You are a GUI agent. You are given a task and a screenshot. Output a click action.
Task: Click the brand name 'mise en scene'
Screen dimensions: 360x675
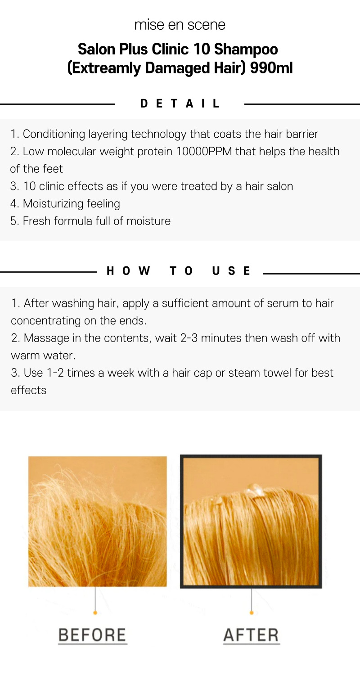(180, 25)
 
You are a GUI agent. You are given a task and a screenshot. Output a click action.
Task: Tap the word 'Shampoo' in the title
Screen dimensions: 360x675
(246, 49)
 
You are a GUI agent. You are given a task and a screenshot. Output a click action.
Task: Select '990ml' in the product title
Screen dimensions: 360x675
(271, 68)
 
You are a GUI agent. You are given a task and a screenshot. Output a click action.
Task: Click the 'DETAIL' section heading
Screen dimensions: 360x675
(180, 103)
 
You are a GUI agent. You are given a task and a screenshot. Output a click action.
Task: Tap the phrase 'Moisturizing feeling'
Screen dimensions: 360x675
(72, 204)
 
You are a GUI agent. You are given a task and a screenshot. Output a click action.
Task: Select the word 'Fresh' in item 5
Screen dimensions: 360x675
(36, 221)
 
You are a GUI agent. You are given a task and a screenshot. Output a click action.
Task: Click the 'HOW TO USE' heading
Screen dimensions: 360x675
(179, 271)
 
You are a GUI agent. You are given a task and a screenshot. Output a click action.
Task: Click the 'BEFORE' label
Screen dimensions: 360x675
(93, 635)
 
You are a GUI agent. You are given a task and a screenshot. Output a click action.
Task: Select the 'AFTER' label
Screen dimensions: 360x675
(251, 635)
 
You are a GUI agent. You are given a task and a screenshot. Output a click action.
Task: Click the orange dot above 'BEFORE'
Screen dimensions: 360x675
(95, 612)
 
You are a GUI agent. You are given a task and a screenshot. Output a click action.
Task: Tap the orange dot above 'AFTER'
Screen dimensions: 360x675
(252, 612)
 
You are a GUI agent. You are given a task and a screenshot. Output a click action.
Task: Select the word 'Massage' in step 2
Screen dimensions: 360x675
(46, 338)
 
